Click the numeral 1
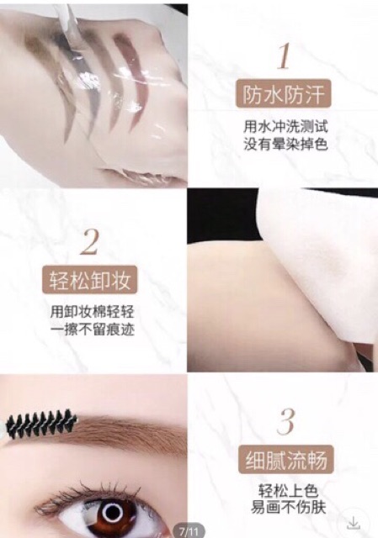pos(284,55)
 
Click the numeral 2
pos(90,243)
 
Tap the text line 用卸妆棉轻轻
pos(91,312)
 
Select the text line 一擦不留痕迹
pos(91,330)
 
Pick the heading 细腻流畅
pos(284,460)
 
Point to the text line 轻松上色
pos(284,491)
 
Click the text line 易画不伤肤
pos(284,509)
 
